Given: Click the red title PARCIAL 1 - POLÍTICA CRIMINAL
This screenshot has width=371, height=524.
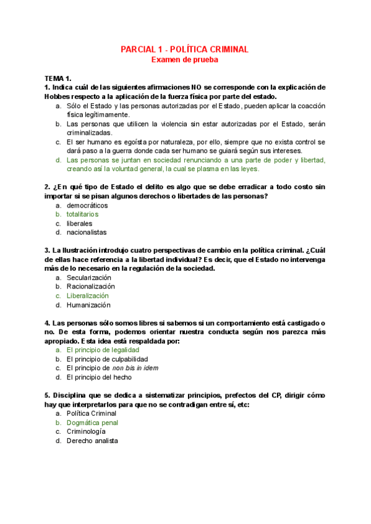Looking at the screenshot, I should (185, 49).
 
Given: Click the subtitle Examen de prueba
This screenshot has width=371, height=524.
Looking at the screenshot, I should (185, 60).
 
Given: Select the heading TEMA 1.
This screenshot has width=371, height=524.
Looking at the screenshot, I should (58, 78).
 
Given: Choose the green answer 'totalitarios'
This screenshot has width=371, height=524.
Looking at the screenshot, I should (82, 214).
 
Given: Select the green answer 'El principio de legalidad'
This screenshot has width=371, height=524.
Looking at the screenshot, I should (103, 350).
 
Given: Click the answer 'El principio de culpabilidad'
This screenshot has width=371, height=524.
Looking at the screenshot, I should (107, 359).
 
